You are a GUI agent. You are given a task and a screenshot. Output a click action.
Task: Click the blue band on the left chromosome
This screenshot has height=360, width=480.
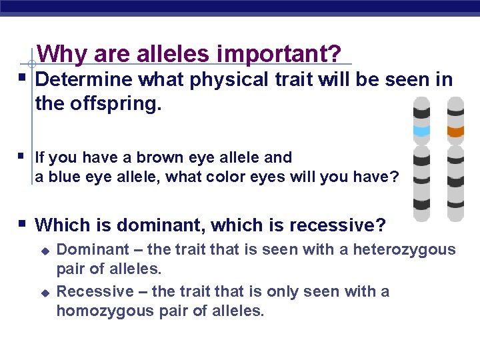pyautogui.click(x=422, y=131)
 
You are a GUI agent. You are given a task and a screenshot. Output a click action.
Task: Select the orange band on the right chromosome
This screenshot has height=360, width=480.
pyautogui.click(x=455, y=131)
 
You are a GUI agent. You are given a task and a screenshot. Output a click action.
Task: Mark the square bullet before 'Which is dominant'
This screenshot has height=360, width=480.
pyautogui.click(x=23, y=223)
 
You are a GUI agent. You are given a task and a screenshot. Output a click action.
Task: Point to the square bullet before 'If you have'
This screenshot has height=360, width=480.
pyautogui.click(x=23, y=157)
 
